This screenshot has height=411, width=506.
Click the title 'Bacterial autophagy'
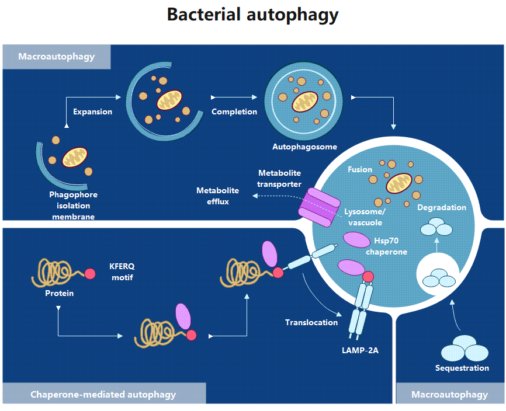click(x=252, y=15)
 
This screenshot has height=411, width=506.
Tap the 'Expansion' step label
click(x=92, y=112)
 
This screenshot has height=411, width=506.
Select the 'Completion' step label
click(x=234, y=112)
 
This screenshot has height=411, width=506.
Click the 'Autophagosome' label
click(x=304, y=147)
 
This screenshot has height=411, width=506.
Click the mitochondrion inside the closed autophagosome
click(x=304, y=102)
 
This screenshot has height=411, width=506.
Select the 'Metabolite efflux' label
click(x=217, y=196)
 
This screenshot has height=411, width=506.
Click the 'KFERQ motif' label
click(x=122, y=271)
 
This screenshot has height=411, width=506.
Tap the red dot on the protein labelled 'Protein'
click(x=90, y=273)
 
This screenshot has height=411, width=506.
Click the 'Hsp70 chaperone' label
click(x=386, y=246)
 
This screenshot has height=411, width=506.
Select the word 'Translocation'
click(x=311, y=322)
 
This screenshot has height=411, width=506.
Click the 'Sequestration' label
click(x=462, y=368)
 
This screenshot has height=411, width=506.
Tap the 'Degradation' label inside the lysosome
click(x=442, y=207)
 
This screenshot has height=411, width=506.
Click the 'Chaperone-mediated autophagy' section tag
click(x=103, y=395)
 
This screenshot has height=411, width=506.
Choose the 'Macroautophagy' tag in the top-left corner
click(x=57, y=57)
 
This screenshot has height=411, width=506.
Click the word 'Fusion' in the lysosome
click(x=360, y=169)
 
